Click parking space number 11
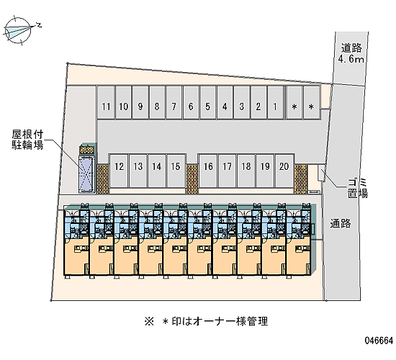(107, 102)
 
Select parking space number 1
(275, 102)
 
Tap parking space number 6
(191, 102)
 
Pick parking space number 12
(119, 171)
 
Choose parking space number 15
(176, 171)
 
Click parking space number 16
(208, 171)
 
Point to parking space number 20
(284, 171)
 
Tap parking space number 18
(246, 171)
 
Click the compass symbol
(19, 31)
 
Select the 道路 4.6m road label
(351, 53)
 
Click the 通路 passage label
(341, 224)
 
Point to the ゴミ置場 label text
(357, 188)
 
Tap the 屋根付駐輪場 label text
(27, 140)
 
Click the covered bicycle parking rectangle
(86, 174)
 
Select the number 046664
(379, 341)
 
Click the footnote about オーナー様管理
(206, 321)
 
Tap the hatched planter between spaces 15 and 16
(192, 179)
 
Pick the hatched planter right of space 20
(301, 179)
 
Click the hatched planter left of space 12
(103, 179)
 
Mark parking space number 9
(140, 102)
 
